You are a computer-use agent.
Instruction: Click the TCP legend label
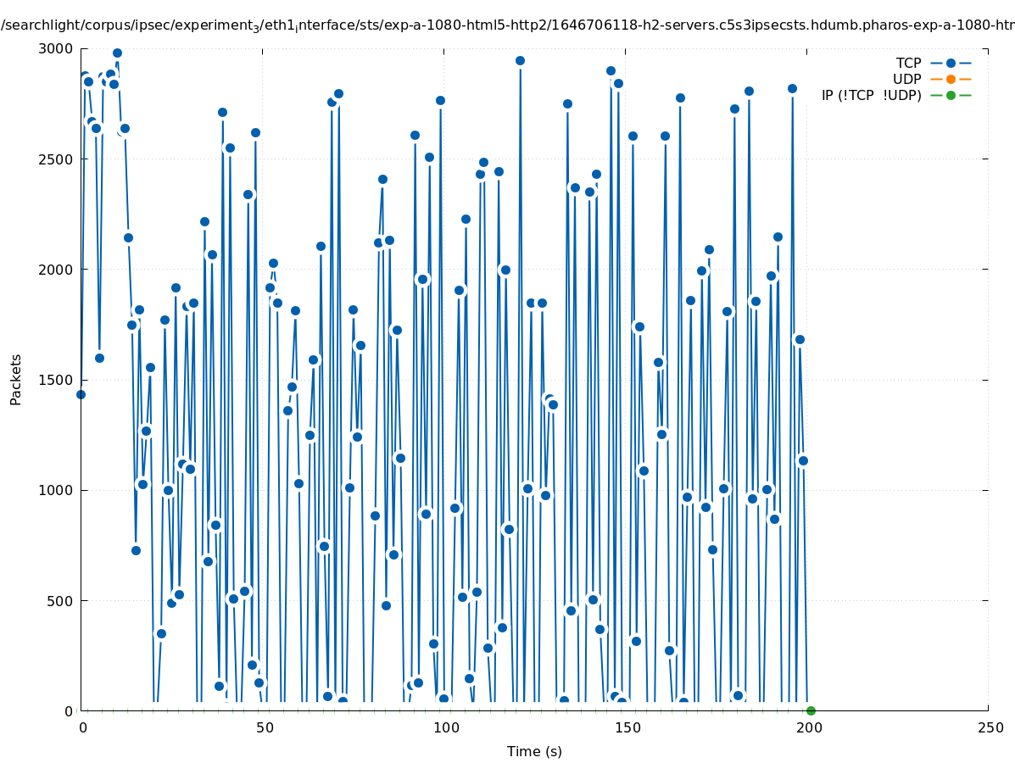click(x=908, y=63)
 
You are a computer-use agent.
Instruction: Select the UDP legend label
click(x=906, y=79)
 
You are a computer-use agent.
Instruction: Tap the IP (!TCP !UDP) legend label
click(x=871, y=95)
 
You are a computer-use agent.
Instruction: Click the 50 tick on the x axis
click(x=264, y=727)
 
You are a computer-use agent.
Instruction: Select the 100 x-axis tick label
click(x=445, y=727)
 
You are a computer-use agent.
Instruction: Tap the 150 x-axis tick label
click(x=627, y=727)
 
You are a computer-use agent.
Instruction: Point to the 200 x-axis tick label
click(x=808, y=727)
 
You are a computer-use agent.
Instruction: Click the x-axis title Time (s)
click(x=534, y=751)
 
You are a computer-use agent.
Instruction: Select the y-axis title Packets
click(x=16, y=379)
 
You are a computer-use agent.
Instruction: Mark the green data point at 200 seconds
click(x=811, y=710)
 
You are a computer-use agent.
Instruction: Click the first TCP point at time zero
click(x=81, y=394)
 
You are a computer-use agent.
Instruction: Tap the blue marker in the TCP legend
click(x=951, y=63)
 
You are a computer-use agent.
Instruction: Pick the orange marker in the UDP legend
click(x=951, y=79)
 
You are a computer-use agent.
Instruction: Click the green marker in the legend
click(x=951, y=95)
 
